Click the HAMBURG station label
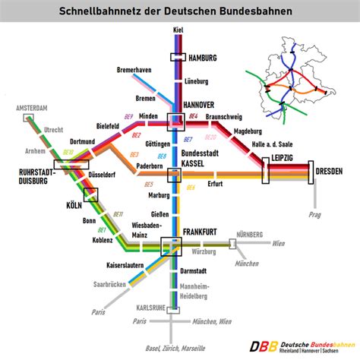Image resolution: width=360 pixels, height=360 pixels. [x=203, y=58]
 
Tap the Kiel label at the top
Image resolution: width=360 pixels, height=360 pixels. [x=178, y=30]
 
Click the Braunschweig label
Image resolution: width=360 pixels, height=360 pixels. [x=223, y=117]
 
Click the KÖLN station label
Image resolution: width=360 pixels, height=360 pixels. [x=73, y=206]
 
